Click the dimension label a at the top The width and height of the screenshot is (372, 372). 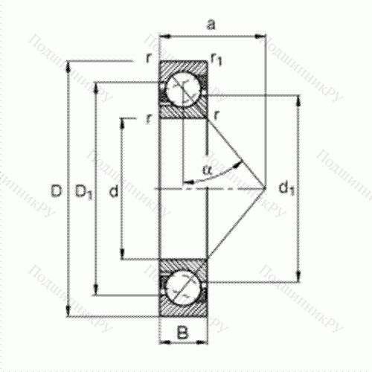(x=211, y=25)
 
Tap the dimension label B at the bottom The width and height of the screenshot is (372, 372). (x=183, y=333)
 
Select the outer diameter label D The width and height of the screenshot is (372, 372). (x=56, y=191)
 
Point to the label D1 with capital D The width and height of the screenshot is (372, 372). (x=83, y=191)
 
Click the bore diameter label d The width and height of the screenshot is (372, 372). (x=114, y=191)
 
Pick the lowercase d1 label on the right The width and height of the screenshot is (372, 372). (x=286, y=187)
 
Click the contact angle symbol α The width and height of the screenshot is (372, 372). (x=207, y=170)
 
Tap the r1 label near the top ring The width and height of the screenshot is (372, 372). (x=217, y=60)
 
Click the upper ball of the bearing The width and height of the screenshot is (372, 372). (x=183, y=89)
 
